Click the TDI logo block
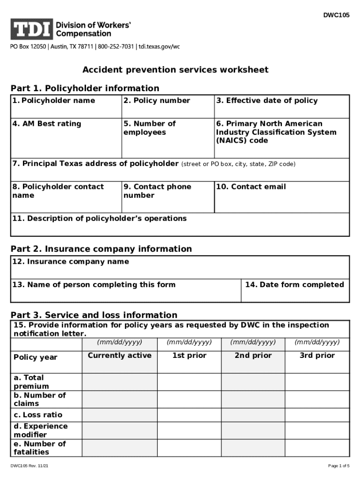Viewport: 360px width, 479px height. (31, 29)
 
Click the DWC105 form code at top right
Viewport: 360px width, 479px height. (336, 15)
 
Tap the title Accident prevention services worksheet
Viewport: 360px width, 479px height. (175, 70)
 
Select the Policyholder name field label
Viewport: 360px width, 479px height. (54, 101)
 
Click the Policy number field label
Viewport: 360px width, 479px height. (157, 101)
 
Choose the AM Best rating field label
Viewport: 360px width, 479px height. (47, 124)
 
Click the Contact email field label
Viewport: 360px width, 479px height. (251, 187)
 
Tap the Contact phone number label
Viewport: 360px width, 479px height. (157, 191)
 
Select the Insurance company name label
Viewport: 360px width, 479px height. (71, 261)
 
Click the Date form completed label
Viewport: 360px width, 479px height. (294, 284)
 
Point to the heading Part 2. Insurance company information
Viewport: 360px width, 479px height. (101, 249)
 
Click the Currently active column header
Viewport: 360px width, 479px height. (120, 356)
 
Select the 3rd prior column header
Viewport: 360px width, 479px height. (317, 356)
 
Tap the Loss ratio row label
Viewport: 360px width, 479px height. (38, 415)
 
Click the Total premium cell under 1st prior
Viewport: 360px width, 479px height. (189, 382)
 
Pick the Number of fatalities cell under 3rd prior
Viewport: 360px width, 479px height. (317, 448)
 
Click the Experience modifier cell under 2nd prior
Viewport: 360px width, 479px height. (253, 430)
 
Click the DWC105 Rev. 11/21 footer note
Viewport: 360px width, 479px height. (30, 466)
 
